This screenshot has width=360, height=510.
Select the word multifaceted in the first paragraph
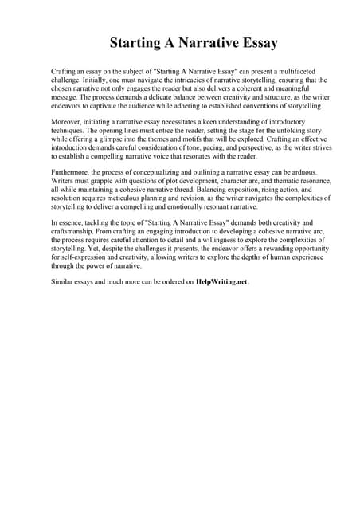(281, 72)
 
